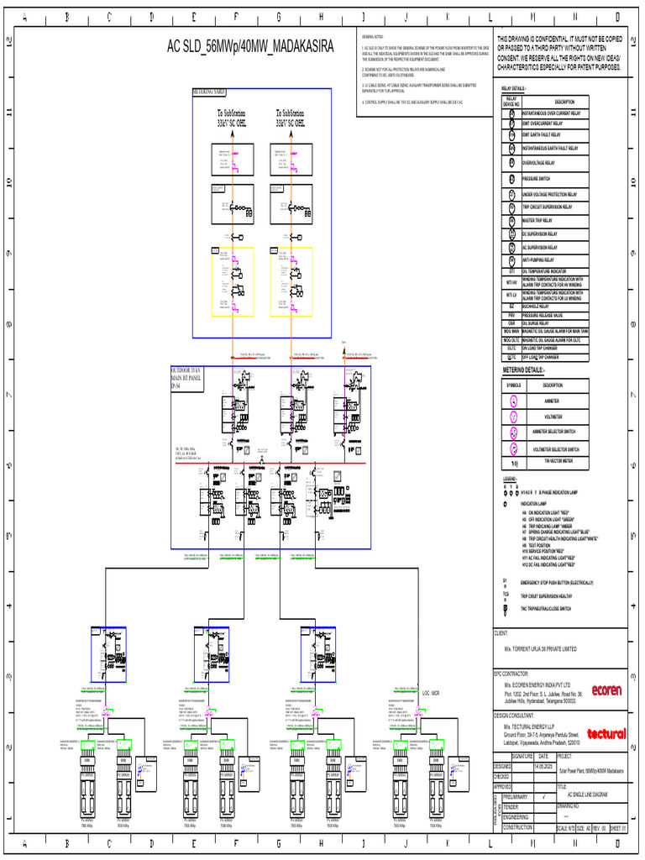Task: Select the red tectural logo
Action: click(x=606, y=733)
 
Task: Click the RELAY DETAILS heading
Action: click(x=514, y=88)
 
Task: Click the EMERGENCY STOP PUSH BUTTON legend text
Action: click(x=557, y=582)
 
